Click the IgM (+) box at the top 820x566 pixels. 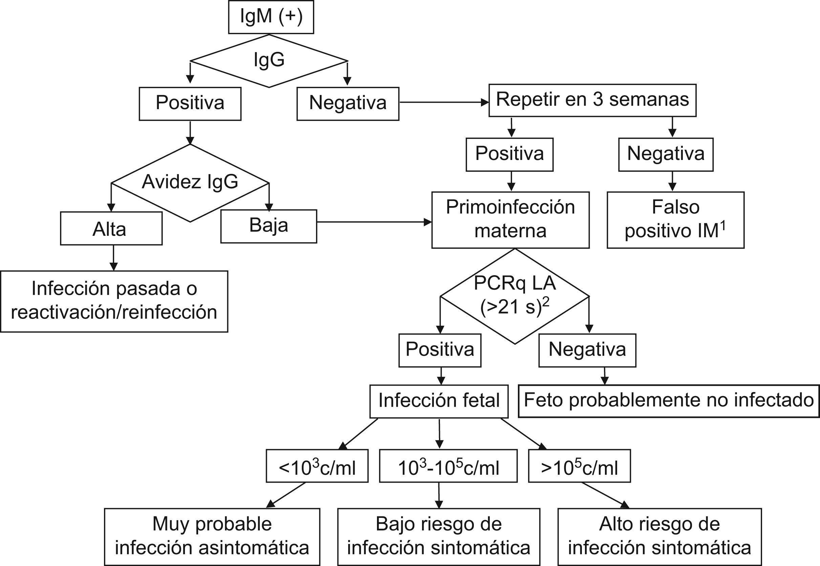click(271, 17)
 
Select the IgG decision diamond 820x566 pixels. click(269, 60)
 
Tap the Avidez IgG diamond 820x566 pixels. click(190, 182)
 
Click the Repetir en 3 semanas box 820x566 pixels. click(592, 100)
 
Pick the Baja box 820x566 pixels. click(268, 226)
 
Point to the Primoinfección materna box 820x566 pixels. click(510, 220)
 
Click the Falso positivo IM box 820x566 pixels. click(675, 220)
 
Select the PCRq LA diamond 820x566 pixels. click(514, 296)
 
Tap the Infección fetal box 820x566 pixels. click(439, 401)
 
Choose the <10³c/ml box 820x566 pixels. click(317, 466)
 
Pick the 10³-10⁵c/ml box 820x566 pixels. click(448, 466)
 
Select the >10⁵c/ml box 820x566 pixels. click(579, 466)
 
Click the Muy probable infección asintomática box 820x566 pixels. click(212, 537)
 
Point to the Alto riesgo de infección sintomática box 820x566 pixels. click(659, 537)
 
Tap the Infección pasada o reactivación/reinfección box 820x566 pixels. click(114, 301)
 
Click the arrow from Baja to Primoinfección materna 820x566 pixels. click(374, 222)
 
